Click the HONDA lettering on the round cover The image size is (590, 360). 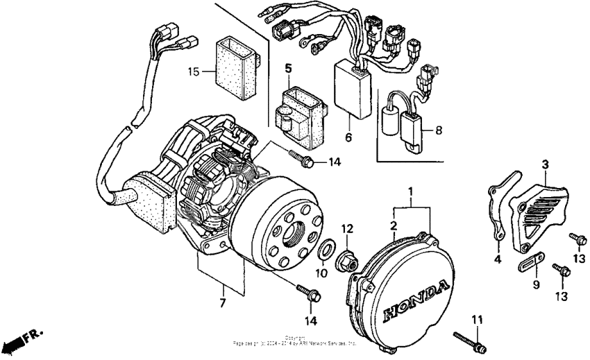click(x=414, y=300)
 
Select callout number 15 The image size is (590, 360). click(x=194, y=71)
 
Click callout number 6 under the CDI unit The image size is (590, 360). click(x=348, y=137)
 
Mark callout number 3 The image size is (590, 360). click(x=546, y=164)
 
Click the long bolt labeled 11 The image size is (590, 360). click(x=469, y=340)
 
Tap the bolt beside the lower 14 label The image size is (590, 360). click(x=308, y=293)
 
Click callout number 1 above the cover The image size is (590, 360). click(x=410, y=190)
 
